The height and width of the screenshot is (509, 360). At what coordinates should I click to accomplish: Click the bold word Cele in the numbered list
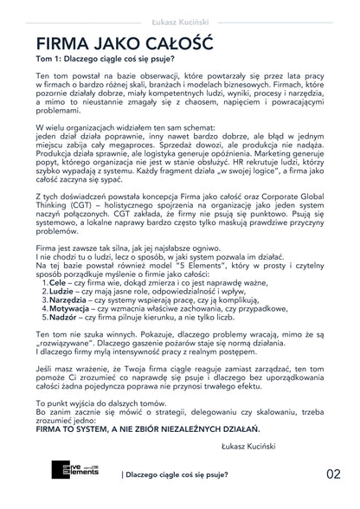[x=58, y=283]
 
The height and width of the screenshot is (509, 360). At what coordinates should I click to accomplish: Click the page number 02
[x=334, y=474]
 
